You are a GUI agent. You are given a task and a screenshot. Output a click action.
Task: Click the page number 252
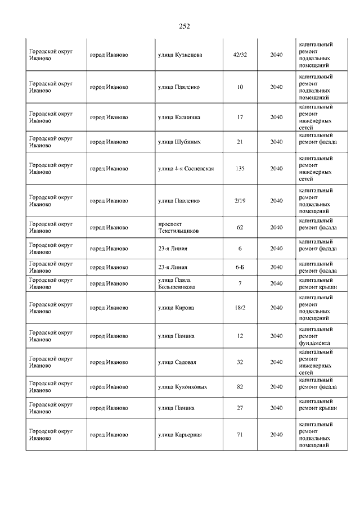tap(184, 26)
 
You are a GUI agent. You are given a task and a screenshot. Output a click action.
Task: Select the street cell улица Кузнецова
tap(180, 55)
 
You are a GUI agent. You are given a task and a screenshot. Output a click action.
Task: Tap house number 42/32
tap(240, 55)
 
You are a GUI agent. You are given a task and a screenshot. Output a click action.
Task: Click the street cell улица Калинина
tap(179, 117)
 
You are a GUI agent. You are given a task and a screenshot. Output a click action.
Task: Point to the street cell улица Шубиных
tap(179, 142)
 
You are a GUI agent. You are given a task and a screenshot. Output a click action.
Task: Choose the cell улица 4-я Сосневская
tap(186, 168)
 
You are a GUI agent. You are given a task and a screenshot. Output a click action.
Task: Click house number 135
tap(240, 168)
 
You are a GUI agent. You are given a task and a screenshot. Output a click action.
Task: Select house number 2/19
tap(240, 201)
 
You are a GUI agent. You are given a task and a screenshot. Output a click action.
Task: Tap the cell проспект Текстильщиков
tap(178, 227)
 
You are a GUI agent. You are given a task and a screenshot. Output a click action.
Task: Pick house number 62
tap(240, 227)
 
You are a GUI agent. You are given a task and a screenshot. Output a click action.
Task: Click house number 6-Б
tap(240, 267)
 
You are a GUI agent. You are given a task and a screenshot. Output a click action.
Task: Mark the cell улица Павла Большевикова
tap(177, 283)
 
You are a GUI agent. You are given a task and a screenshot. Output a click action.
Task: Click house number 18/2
tap(240, 308)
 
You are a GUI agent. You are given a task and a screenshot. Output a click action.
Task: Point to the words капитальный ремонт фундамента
tap(316, 336)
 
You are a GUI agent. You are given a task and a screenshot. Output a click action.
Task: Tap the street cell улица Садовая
tap(177, 362)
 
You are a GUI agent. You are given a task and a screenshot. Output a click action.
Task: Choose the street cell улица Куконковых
tap(182, 387)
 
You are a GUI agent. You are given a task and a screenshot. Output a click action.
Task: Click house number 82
tap(240, 387)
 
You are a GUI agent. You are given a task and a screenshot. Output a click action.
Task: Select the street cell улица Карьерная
tap(180, 435)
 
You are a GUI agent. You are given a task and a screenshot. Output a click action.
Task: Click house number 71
tap(240, 435)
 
